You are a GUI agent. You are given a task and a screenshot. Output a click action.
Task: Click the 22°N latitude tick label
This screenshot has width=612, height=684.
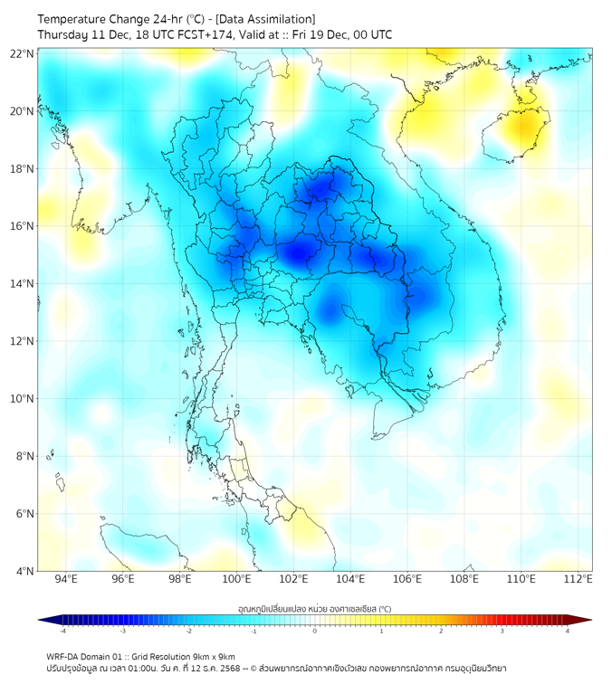(x=23, y=54)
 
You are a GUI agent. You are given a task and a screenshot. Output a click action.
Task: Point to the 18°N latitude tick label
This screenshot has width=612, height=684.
(x=23, y=169)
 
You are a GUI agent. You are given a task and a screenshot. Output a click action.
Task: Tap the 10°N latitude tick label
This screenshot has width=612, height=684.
(x=23, y=399)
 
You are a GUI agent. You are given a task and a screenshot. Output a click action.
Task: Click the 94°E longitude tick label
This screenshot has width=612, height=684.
(x=66, y=579)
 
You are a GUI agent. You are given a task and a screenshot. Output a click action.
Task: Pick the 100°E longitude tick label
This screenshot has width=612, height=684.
(x=237, y=579)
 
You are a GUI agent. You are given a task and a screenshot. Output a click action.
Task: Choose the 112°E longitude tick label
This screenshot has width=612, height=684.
(x=579, y=579)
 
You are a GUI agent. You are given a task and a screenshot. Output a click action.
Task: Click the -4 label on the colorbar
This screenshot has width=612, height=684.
(x=62, y=631)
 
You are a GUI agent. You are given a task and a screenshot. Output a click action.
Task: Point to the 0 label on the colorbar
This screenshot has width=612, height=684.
(x=315, y=631)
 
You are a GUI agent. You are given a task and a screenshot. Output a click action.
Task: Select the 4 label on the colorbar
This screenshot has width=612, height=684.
(x=568, y=631)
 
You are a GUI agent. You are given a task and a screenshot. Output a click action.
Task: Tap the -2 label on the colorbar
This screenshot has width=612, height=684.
(x=187, y=631)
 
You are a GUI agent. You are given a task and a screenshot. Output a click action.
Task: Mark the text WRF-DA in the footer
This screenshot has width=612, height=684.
(x=64, y=656)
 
